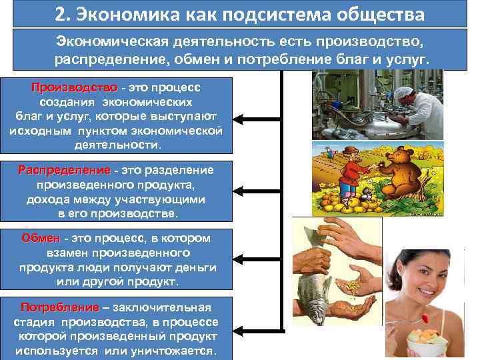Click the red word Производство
click(x=73, y=88)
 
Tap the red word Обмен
click(x=41, y=239)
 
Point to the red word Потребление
click(x=59, y=307)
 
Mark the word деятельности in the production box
click(x=117, y=144)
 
